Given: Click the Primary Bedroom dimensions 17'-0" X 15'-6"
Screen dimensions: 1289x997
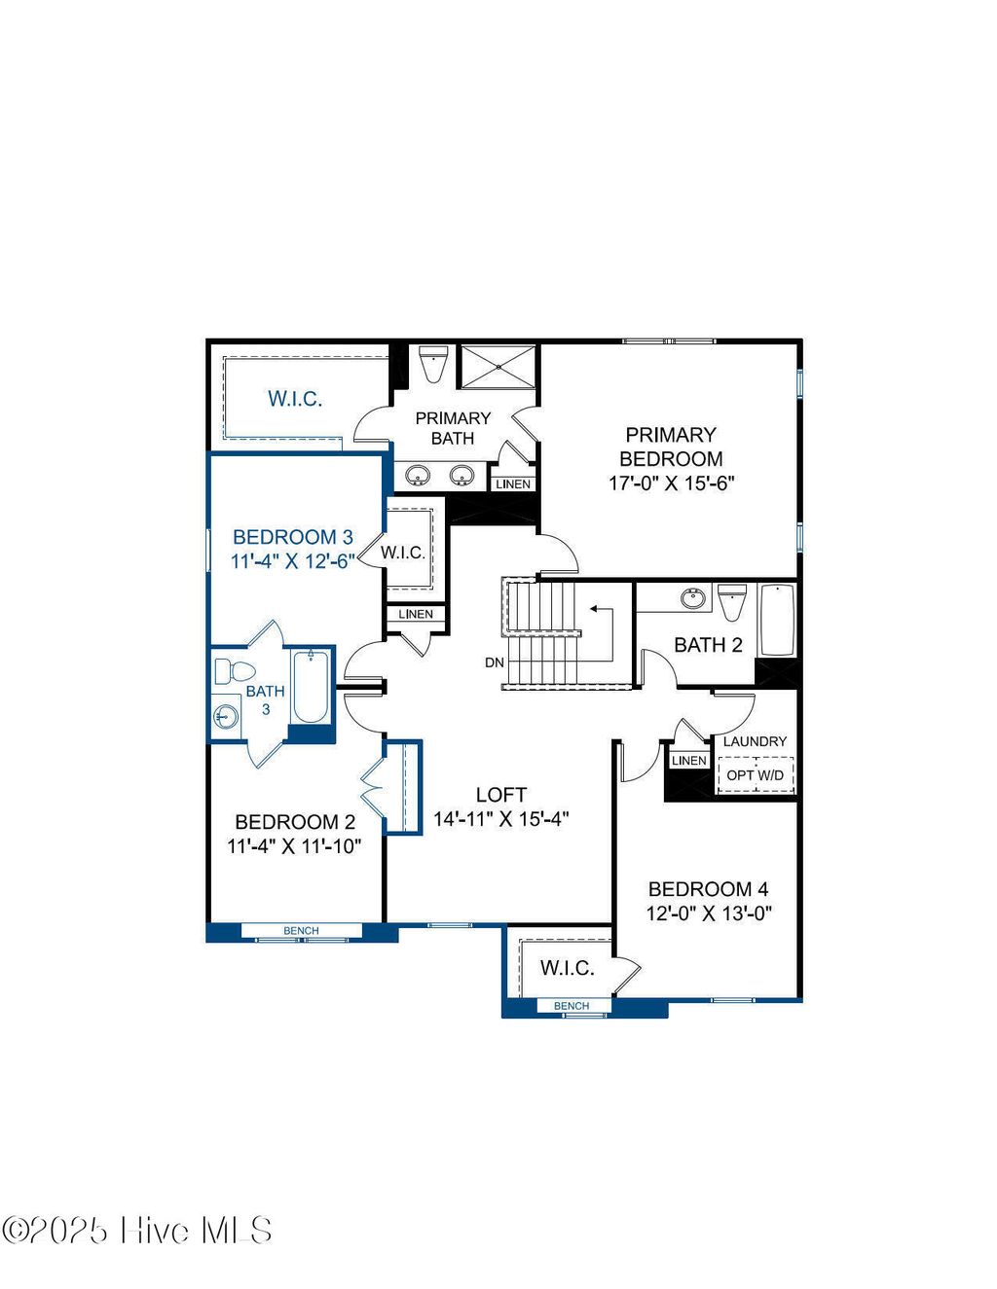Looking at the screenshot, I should (x=671, y=483).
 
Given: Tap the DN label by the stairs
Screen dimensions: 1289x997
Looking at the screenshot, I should (x=495, y=662).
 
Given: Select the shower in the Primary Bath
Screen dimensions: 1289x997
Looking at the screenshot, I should (x=498, y=367).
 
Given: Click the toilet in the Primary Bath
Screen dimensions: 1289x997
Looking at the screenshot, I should (x=432, y=363).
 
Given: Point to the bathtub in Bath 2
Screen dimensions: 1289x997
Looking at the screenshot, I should (x=777, y=621).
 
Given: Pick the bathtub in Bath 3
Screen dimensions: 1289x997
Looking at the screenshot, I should (x=311, y=687).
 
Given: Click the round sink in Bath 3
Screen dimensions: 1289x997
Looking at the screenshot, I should (x=225, y=717).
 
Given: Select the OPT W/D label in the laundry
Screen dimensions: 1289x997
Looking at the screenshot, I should (x=755, y=775).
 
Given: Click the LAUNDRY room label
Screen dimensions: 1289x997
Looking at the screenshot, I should (x=755, y=741).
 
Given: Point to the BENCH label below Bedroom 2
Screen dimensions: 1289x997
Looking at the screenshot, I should (x=301, y=931).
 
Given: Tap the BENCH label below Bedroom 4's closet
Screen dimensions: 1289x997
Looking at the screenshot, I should (x=572, y=1006).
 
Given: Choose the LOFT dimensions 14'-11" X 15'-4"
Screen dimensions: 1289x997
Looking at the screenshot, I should (x=500, y=819).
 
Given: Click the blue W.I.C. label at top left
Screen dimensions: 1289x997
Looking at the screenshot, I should (x=295, y=399).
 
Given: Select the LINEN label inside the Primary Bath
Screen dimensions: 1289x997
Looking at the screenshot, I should (x=513, y=483).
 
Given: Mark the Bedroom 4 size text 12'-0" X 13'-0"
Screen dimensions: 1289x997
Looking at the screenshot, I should (x=709, y=913).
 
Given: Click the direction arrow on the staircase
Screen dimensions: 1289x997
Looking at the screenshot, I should (x=595, y=610).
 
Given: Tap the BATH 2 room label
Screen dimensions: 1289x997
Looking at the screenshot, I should (x=708, y=645).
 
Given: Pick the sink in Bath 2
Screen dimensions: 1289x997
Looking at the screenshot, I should (x=693, y=597).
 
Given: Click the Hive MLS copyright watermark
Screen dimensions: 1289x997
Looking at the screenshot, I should (x=136, y=1231).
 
